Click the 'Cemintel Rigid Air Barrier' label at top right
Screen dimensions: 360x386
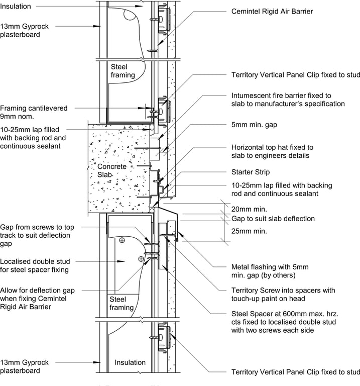click(272, 12)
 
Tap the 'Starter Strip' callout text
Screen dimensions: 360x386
click(251, 172)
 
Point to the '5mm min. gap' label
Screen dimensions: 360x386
click(254, 125)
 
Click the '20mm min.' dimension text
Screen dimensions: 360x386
click(249, 209)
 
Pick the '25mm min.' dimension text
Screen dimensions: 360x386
click(249, 231)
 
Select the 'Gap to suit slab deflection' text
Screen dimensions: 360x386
click(273, 219)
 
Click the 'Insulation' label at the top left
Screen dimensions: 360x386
click(16, 6)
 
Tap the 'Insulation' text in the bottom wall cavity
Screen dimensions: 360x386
click(130, 362)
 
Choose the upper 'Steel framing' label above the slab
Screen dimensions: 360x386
click(123, 71)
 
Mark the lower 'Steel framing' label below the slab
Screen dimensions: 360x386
click(122, 303)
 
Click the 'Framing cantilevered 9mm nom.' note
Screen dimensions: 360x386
click(34, 112)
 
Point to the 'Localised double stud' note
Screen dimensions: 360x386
click(35, 265)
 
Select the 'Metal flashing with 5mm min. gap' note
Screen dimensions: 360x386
click(270, 271)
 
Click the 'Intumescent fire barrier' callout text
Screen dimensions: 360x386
click(288, 100)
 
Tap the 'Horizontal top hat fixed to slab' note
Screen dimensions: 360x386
click(273, 151)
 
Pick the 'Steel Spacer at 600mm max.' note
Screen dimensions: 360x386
click(285, 322)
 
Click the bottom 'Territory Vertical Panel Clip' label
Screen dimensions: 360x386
click(296, 372)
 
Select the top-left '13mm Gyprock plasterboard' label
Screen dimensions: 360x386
click(24, 30)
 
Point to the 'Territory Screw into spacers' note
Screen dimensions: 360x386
click(283, 295)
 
